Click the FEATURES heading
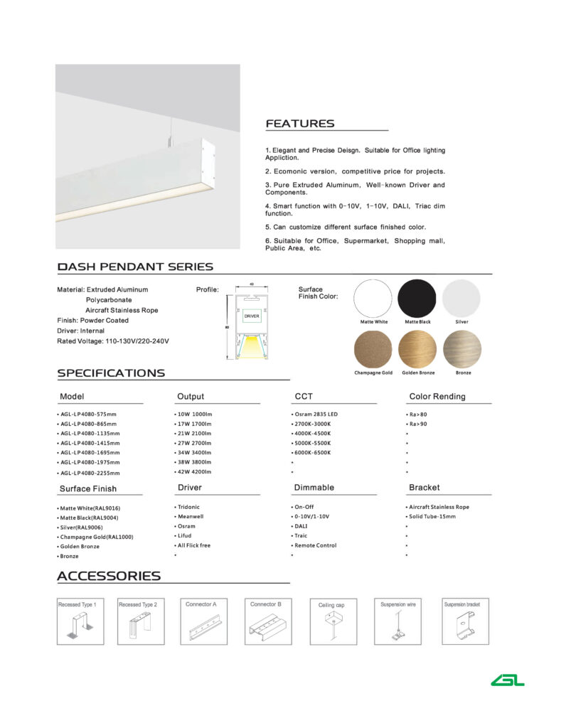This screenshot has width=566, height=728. (299, 124)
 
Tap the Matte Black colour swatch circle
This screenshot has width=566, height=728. (417, 299)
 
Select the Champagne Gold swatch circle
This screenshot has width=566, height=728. (373, 350)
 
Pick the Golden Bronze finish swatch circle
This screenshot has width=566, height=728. (417, 350)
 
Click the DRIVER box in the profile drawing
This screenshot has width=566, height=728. (252, 315)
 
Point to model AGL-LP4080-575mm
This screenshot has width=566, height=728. (88, 414)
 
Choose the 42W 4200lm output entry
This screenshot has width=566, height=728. (193, 472)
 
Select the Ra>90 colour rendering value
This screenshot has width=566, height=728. (417, 424)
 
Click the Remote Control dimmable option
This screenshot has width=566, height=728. (316, 545)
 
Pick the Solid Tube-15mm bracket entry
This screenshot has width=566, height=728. (432, 516)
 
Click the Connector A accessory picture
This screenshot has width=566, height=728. (201, 621)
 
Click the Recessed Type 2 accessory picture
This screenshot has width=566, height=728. (138, 621)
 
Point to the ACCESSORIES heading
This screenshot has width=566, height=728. (109, 576)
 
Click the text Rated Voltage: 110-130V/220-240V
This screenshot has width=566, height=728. (113, 341)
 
